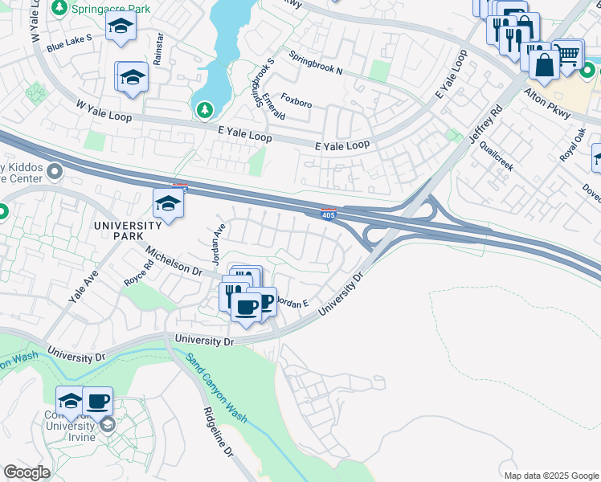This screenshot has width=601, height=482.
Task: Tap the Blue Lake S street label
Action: pos(69,43)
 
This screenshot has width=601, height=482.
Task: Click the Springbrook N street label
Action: pos(316,64)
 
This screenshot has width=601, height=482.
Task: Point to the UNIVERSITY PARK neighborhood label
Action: pos(129,231)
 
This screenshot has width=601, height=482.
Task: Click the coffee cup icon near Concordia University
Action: pos(97,401)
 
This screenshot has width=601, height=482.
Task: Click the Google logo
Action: pos(27,472)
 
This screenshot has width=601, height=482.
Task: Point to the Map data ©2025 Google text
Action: pos(550,476)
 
